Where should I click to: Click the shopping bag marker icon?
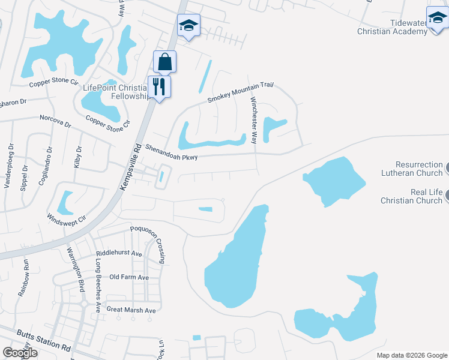(x=164, y=62)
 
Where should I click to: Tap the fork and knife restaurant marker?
(x=159, y=86)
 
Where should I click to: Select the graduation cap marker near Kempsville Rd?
(x=188, y=26)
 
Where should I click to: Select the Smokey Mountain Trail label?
(x=240, y=92)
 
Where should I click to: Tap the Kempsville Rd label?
(x=130, y=167)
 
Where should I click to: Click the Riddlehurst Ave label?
(x=119, y=254)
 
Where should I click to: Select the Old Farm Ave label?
(x=129, y=277)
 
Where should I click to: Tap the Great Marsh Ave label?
(x=131, y=310)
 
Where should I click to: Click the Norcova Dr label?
(x=55, y=122)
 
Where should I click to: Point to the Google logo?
(x=20, y=353)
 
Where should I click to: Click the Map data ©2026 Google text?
(x=412, y=355)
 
